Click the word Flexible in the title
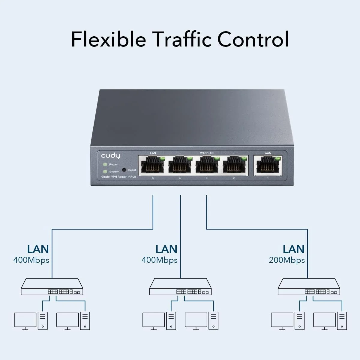point(108,39)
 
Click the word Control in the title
point(253,39)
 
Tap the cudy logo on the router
point(110,155)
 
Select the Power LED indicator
point(105,164)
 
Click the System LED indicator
point(105,172)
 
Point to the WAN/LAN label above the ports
point(207,153)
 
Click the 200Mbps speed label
point(286,260)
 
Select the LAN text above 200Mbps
point(293,249)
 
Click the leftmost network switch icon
point(52,287)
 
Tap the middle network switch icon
point(180,287)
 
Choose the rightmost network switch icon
point(309,287)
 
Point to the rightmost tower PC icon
point(342,321)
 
